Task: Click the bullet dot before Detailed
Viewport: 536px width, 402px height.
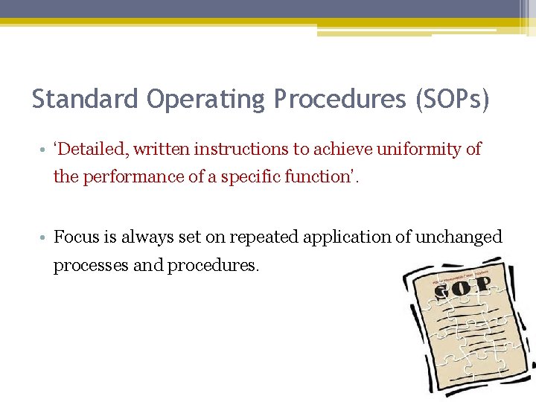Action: pyautogui.click(x=46, y=150)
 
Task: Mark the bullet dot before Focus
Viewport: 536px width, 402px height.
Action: pyautogui.click(x=46, y=237)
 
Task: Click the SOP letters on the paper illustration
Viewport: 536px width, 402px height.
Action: pyautogui.click(x=463, y=288)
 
